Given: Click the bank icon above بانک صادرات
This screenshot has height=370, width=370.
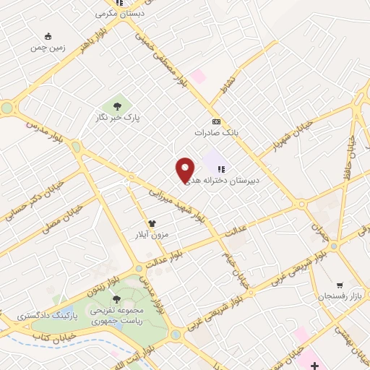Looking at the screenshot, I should click(x=215, y=121).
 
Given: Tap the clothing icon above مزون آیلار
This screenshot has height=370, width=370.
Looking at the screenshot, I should click(x=152, y=224).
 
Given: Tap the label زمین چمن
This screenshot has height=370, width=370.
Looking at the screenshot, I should click(x=48, y=47).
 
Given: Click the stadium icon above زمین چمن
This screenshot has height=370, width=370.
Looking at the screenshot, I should click(x=48, y=36).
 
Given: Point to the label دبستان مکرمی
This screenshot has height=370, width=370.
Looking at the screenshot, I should click(x=120, y=14).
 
